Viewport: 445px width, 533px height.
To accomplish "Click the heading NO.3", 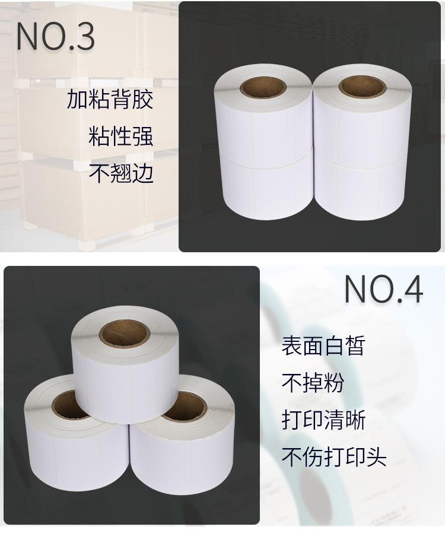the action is tap(55, 37).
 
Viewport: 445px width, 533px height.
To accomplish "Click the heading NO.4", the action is tap(384, 289).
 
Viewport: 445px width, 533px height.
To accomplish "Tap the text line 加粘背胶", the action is tap(110, 99).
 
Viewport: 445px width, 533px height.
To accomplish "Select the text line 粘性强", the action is tap(121, 136).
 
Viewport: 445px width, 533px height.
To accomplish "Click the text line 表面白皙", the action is tap(323, 345).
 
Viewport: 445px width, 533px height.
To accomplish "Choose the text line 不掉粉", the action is tap(313, 382).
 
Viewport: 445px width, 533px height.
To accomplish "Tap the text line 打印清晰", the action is tap(323, 420).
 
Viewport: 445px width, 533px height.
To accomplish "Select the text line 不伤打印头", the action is tap(334, 456).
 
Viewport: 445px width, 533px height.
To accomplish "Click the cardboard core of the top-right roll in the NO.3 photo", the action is tap(361, 86).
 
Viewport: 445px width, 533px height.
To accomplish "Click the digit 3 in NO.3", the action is tap(84, 37).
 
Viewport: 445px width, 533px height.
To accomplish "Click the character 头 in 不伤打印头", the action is tap(377, 456).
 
